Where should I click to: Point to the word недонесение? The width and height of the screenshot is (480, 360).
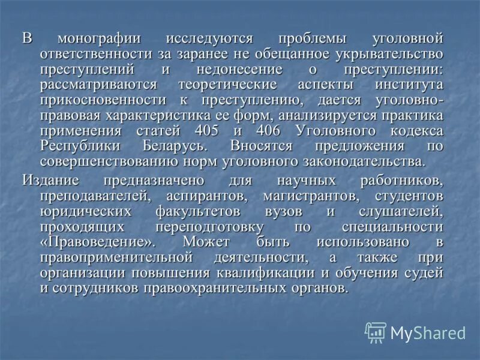(x=222, y=70)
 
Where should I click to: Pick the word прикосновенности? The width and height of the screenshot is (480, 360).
(x=104, y=100)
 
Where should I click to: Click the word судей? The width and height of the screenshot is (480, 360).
(x=426, y=273)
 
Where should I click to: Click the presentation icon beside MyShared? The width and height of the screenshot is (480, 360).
(x=376, y=332)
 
